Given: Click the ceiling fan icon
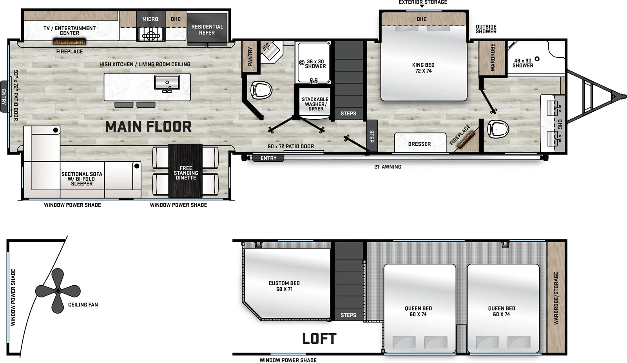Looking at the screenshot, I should pos(58,291).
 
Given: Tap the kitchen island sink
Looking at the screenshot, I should pos(167,83).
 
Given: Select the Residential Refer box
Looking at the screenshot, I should pos(207,29).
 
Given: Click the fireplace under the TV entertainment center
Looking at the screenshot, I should pos(69,42).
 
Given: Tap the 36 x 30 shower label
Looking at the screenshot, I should pos(315,64).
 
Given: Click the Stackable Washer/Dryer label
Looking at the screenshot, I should pos(315,104).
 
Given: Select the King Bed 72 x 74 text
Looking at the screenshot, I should pos(423,68).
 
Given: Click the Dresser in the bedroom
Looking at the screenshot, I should pos(420,143).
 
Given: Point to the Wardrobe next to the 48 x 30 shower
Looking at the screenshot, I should pos(492,57).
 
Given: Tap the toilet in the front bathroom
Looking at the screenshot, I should pos(498,129).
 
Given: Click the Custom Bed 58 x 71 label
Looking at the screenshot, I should pos(284,286).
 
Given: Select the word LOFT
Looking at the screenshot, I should pos(319,339).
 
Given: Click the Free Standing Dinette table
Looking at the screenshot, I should pos(185,171).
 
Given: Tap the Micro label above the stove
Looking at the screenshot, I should pos(150,19).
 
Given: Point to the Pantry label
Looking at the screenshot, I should pos(250,56).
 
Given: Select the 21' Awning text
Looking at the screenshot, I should pos(388,167).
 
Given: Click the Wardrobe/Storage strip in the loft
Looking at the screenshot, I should pos(556,298).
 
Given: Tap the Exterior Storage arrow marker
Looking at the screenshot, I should pos(422,6).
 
